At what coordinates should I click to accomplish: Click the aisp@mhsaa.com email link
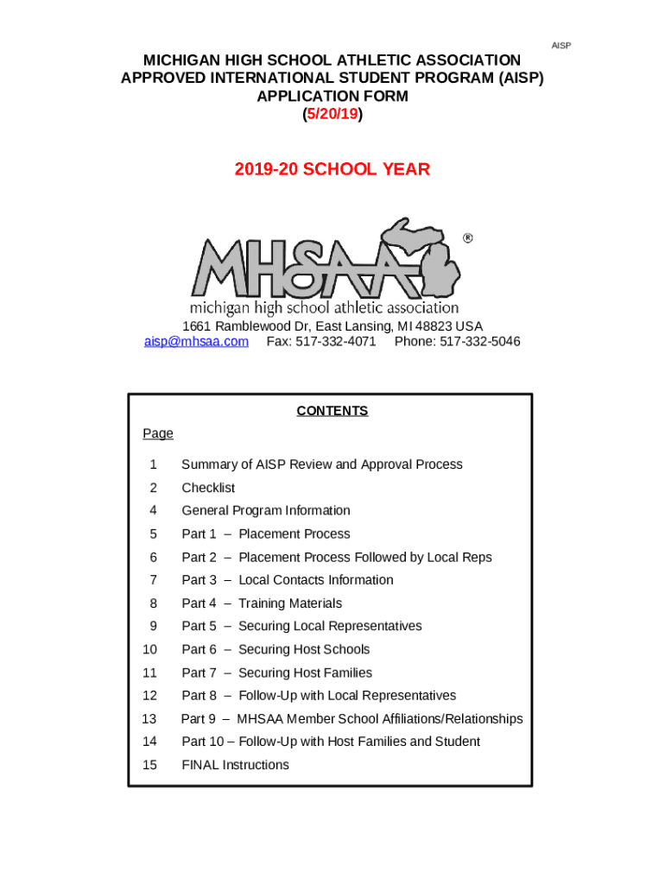click(196, 342)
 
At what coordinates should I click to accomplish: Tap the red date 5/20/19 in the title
click(332, 114)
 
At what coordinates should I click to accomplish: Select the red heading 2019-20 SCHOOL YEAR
click(332, 169)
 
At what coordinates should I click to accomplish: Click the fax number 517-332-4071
click(321, 342)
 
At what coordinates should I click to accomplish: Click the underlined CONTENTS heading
click(332, 411)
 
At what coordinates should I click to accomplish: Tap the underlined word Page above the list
click(158, 433)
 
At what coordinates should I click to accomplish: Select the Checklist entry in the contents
click(208, 488)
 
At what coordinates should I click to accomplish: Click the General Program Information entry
click(266, 511)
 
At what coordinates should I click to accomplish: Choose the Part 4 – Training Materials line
click(262, 603)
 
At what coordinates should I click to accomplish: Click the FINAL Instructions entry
click(235, 765)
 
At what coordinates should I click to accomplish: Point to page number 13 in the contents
click(149, 719)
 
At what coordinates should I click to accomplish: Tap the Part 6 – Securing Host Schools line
click(275, 649)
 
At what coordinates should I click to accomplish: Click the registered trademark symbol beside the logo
click(468, 238)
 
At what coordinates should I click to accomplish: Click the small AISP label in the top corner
click(561, 45)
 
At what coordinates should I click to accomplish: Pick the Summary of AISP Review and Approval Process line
click(321, 464)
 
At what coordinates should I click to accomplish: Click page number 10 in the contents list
click(149, 649)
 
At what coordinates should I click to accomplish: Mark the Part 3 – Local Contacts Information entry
click(287, 580)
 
